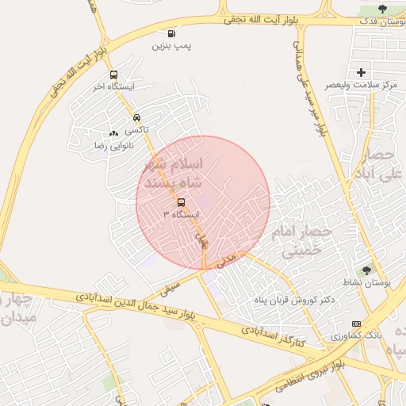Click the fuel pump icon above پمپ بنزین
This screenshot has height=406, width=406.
(172, 33)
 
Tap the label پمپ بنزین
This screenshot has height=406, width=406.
(172, 46)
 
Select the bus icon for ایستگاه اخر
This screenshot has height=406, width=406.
(113, 75)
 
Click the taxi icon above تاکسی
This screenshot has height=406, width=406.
(137, 117)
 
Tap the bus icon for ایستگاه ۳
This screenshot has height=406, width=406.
(181, 202)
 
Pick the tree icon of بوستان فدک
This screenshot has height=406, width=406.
(382, 9)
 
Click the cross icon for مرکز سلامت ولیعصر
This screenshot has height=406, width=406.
(362, 72)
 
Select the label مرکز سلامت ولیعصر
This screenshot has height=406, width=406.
(362, 85)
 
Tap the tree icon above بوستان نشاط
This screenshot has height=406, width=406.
(366, 270)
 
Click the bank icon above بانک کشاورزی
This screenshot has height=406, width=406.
(356, 324)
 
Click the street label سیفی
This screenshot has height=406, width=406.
(170, 287)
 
